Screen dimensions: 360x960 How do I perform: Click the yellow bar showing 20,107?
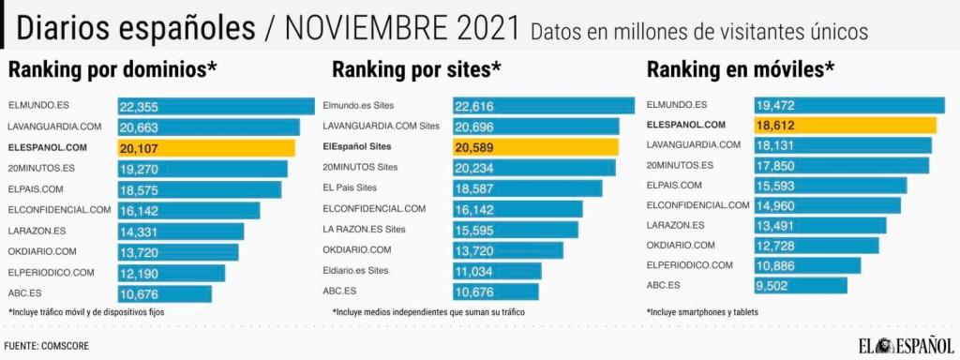click(206, 148)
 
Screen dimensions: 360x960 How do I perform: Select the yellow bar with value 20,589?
click(535, 147)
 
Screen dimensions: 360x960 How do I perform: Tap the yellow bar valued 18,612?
click(845, 125)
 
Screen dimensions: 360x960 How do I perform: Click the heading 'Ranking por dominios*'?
click(112, 69)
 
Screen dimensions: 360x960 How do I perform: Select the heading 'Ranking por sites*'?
click(416, 69)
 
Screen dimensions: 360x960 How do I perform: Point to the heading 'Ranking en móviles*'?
click(740, 69)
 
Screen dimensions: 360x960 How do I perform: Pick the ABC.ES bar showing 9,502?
click(800, 285)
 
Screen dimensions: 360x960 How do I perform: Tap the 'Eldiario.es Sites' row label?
click(355, 270)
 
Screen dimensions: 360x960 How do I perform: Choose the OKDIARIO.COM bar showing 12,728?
click(816, 245)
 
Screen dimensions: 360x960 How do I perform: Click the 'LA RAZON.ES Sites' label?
click(364, 229)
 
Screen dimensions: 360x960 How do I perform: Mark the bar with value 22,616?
click(544, 106)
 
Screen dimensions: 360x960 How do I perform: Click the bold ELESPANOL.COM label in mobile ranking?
click(686, 125)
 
